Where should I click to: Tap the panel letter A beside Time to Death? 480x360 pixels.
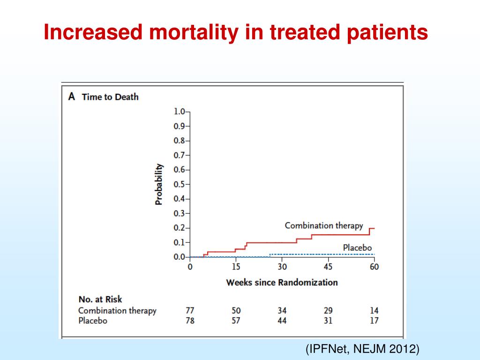tap(72, 97)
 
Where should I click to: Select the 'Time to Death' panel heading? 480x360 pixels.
tap(110, 97)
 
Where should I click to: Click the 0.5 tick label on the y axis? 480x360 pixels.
tap(179, 184)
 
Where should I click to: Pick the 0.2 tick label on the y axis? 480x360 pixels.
tap(179, 228)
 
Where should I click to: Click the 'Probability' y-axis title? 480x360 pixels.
tap(159, 184)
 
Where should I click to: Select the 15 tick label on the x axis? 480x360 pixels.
tap(236, 267)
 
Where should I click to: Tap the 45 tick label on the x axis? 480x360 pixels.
tap(328, 267)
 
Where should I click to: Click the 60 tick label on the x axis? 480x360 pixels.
tap(374, 267)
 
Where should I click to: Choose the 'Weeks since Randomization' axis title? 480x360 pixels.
tap(282, 282)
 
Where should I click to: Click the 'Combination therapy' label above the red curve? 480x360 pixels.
tap(324, 225)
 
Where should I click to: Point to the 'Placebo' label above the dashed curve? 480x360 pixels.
tap(357, 247)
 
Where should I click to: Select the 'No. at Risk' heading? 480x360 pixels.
tap(100, 299)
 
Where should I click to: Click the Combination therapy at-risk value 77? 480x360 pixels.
tap(190, 310)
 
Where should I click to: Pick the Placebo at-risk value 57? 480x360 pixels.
tap(236, 321)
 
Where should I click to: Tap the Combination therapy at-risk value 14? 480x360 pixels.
tap(374, 310)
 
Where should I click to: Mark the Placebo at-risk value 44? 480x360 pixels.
tap(282, 321)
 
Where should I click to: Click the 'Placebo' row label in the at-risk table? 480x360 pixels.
tap(92, 321)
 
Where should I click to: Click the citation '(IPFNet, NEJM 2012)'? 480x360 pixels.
tap(361, 349)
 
